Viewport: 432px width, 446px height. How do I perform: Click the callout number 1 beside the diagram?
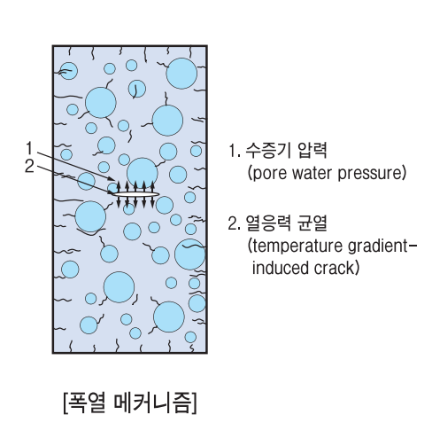pyautogui.click(x=29, y=148)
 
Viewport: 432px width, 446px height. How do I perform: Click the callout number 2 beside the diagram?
pyautogui.click(x=29, y=167)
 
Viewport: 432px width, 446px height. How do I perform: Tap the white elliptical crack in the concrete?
pyautogui.click(x=136, y=194)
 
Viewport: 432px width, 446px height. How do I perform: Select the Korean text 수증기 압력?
pyautogui.click(x=286, y=150)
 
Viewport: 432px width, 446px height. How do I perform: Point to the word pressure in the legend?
pyautogui.click(x=370, y=174)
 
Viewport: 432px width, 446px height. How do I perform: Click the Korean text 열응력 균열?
pyautogui.click(x=286, y=223)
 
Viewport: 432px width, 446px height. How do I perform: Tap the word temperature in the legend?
pyautogui.click(x=297, y=246)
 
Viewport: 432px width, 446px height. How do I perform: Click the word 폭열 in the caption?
pyautogui.click(x=87, y=403)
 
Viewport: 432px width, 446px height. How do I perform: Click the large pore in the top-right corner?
pyautogui.click(x=181, y=74)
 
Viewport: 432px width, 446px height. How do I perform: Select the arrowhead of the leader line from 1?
pyautogui.click(x=112, y=178)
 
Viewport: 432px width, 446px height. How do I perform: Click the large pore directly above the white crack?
pyautogui.click(x=143, y=173)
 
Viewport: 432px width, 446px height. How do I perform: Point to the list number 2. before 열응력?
pyautogui.click(x=234, y=223)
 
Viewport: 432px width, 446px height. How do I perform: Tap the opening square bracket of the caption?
pyautogui.click(x=66, y=403)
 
